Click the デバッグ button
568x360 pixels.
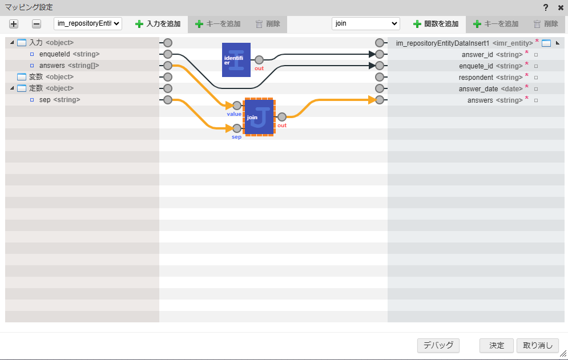click(x=438, y=345)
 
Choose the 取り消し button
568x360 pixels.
click(x=537, y=345)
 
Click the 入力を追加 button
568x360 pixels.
click(x=158, y=24)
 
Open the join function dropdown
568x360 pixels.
click(x=365, y=24)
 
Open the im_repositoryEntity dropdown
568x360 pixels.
click(x=88, y=24)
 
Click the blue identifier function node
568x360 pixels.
click(x=236, y=59)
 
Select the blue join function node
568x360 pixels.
click(x=259, y=117)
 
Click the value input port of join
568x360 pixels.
click(x=237, y=106)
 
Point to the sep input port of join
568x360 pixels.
click(x=237, y=128)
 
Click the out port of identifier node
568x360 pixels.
click(x=259, y=60)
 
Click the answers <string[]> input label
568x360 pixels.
click(x=69, y=66)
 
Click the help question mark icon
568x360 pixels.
click(x=546, y=7)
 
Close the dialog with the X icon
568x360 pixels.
click(x=560, y=7)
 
